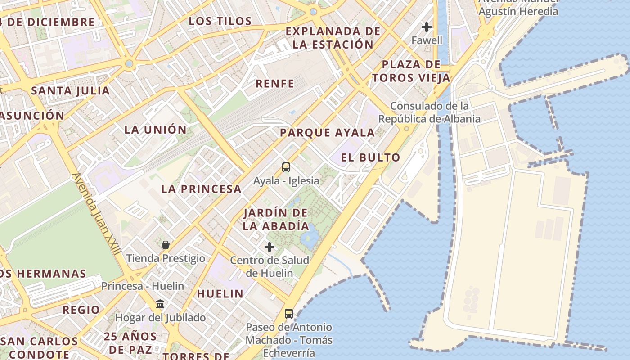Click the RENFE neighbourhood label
(x=275, y=83)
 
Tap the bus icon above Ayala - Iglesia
(x=286, y=167)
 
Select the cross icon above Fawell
(x=427, y=27)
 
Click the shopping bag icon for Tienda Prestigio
(x=166, y=245)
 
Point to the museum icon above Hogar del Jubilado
(x=160, y=304)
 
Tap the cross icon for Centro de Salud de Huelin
(x=270, y=247)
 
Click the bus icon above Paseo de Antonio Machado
(x=289, y=314)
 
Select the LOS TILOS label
(x=220, y=21)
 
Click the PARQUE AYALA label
(x=327, y=133)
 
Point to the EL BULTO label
(x=370, y=157)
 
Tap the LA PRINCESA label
(x=202, y=189)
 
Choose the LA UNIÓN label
(x=155, y=130)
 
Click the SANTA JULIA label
(x=71, y=91)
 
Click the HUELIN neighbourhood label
(x=220, y=294)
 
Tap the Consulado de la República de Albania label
(x=429, y=112)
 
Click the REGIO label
(x=81, y=310)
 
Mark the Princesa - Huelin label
(x=142, y=286)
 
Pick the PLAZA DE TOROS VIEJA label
(x=411, y=71)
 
